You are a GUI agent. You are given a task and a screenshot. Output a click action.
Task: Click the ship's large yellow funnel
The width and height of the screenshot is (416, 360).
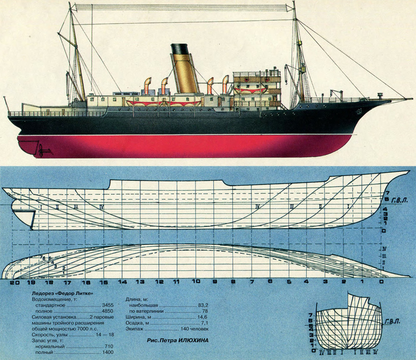tap(185, 75)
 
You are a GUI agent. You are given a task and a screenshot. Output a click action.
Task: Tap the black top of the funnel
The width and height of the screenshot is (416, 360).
tap(180, 49)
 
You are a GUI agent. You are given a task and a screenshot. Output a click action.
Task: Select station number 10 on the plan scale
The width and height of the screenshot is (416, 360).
tap(196, 283)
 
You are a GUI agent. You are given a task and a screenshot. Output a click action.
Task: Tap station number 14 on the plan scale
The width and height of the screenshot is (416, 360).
tap(123, 283)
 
